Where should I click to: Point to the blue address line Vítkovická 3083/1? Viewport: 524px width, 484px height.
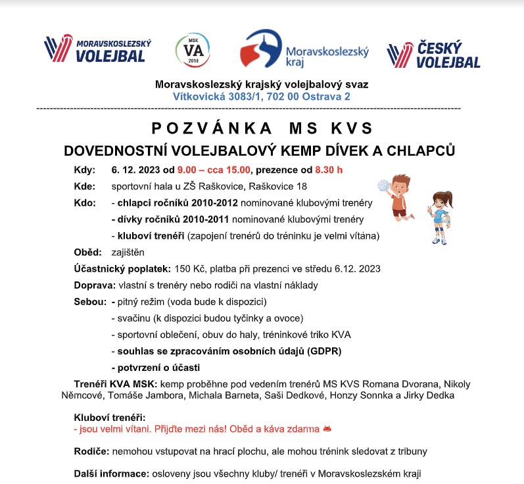point(261,96)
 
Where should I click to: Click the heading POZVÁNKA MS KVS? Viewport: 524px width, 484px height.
point(262,127)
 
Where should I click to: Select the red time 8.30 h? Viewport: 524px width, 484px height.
point(329,169)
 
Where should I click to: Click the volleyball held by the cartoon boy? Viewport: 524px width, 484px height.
point(385,185)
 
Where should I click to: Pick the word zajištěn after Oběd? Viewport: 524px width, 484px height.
point(128,252)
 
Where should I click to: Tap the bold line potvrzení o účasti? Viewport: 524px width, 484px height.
point(156,367)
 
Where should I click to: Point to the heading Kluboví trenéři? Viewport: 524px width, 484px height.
point(109,417)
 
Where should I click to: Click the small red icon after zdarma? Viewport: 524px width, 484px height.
point(327,429)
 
